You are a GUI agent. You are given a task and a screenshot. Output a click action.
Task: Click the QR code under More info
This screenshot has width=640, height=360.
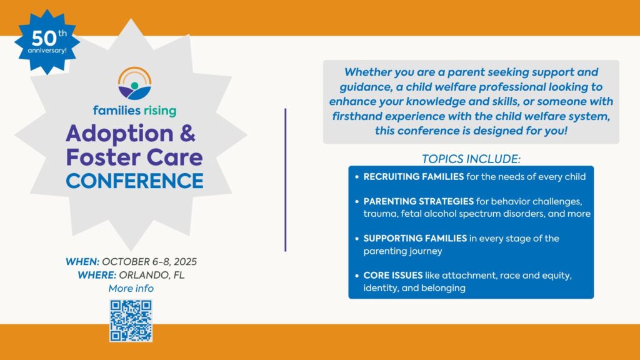click(x=131, y=321)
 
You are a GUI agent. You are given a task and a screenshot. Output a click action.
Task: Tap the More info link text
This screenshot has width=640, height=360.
click(x=131, y=289)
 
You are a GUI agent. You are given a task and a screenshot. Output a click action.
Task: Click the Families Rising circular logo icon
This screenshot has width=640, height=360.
click(x=134, y=84)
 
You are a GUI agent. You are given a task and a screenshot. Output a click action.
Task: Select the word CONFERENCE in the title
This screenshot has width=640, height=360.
click(x=135, y=181)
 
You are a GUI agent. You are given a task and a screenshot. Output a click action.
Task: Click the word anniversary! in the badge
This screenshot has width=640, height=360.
click(x=47, y=50)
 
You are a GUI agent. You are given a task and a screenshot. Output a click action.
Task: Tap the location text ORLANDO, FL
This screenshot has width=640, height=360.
click(x=153, y=275)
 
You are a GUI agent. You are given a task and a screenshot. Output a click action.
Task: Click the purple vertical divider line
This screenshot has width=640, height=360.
click(x=286, y=180)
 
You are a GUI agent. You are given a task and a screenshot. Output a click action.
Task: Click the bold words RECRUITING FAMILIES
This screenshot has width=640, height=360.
click(x=413, y=177)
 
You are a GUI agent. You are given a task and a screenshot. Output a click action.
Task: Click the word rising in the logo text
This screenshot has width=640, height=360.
click(x=154, y=111)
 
